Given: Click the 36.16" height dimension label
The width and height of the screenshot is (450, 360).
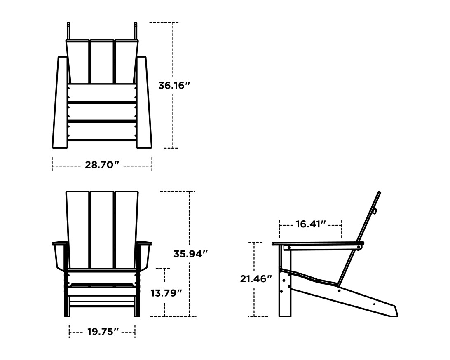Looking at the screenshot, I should point(174,86).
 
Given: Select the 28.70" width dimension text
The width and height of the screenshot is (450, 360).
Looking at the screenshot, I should point(102,166).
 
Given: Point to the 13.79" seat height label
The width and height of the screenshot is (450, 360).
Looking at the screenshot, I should point(166,293).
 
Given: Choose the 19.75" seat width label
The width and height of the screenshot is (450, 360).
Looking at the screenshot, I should point(102,332).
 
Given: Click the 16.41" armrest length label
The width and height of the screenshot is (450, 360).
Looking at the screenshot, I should point(311,224).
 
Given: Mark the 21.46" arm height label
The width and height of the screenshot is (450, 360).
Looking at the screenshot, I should point(256,279).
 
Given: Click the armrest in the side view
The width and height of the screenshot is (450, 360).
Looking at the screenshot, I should point(317,244).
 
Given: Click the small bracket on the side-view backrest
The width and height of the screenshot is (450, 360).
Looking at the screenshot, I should point(375,211).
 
